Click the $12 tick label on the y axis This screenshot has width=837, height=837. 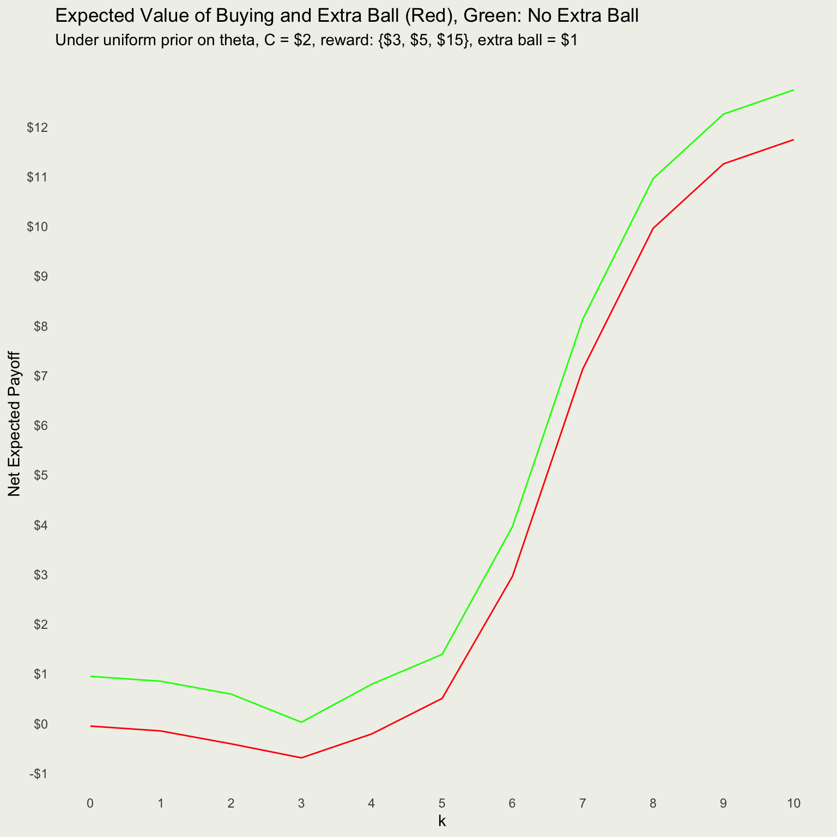38,128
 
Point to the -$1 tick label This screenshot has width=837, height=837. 37,774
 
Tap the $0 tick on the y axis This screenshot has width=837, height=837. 40,724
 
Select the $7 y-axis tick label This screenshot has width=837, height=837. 40,376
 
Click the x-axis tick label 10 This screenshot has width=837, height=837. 794,803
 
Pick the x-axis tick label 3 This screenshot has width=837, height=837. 301,803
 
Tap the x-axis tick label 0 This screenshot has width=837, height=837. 90,803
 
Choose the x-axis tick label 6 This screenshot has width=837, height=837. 512,803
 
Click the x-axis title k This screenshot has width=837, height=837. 442,821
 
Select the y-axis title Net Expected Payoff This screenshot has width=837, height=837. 15,423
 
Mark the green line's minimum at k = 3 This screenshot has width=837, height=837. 301,722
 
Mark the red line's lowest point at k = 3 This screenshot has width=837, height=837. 301,757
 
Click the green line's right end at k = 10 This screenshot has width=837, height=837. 793,90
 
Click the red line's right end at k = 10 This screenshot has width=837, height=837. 793,139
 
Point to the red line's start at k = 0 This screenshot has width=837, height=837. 90,726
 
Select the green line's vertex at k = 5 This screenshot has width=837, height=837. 442,654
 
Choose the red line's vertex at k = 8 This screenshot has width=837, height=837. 653,228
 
